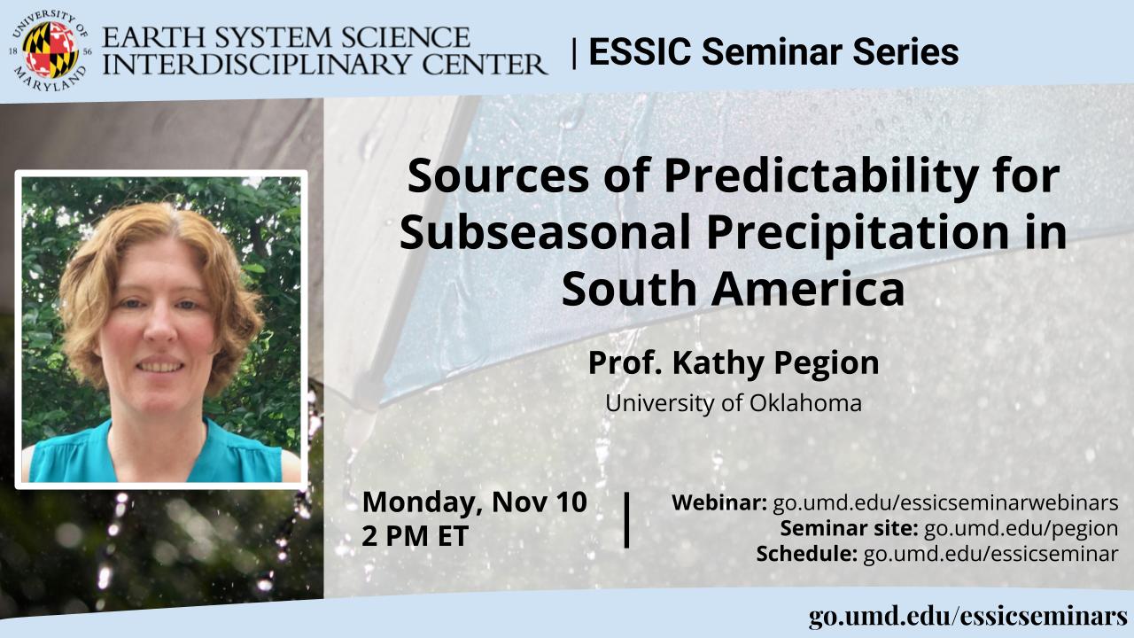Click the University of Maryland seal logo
coord(50,51)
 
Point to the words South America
coord(733,289)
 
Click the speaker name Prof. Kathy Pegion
coord(734,364)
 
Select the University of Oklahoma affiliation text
coord(734,403)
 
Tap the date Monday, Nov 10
coord(474,502)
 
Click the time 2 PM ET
coord(416,536)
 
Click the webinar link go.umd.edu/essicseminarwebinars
coord(945,502)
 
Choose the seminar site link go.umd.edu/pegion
coord(1021,529)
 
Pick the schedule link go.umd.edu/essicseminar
coord(990,554)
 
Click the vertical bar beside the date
coord(626,520)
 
